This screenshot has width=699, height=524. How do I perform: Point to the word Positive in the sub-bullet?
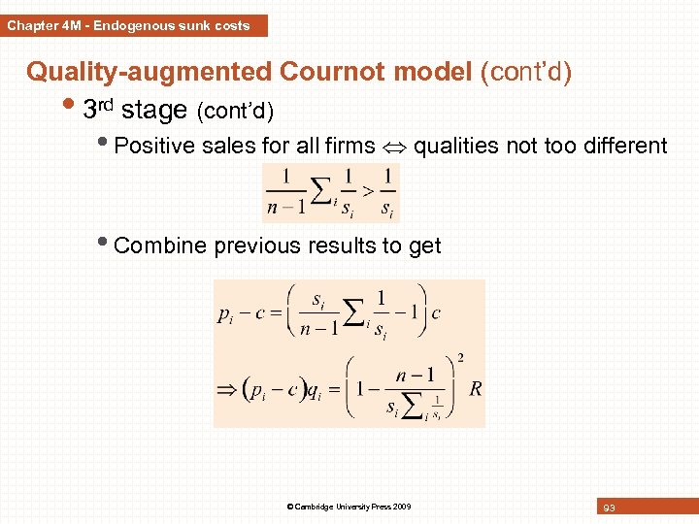(154, 147)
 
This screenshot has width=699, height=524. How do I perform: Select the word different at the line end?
(622, 147)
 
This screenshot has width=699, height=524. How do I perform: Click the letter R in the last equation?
(475, 389)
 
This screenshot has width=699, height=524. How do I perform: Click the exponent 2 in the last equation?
(459, 358)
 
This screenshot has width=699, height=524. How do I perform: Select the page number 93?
(609, 508)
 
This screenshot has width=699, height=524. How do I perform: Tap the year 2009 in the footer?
(402, 507)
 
